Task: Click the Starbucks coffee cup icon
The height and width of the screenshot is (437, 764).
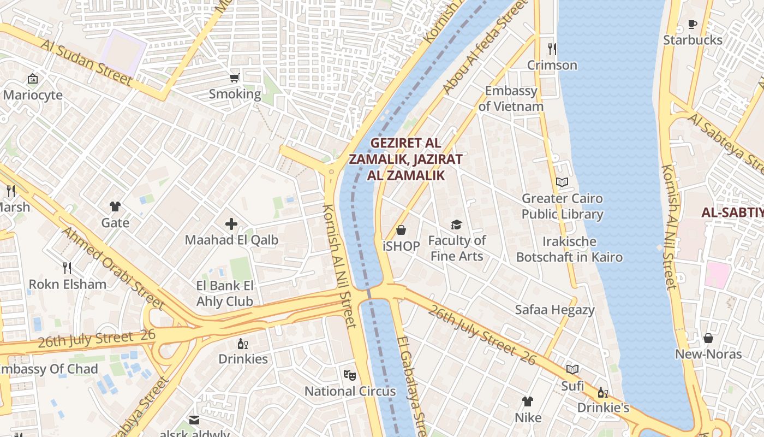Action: (692, 24)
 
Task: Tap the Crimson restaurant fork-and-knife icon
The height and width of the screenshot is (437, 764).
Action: (552, 49)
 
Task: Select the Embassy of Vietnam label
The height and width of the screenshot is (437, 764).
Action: (511, 98)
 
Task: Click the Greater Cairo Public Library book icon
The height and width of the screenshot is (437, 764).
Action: (562, 182)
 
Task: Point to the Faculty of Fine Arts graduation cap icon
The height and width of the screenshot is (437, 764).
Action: (456, 225)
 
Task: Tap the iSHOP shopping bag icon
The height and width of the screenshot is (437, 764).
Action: (401, 230)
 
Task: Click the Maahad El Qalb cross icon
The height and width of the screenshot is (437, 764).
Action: (231, 223)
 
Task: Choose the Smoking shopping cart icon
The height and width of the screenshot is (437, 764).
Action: (235, 78)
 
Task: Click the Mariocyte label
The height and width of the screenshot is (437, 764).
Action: (33, 95)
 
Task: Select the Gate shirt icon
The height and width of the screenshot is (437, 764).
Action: (115, 206)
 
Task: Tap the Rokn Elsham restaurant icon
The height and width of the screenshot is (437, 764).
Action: (67, 268)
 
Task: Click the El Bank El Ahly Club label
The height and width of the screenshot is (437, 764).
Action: (225, 293)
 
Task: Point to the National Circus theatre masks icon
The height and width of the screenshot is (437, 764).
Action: (350, 375)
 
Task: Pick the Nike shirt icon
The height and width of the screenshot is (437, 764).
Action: (528, 401)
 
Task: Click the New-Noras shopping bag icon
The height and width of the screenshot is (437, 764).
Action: (708, 338)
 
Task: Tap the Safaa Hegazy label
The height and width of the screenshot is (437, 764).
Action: (554, 310)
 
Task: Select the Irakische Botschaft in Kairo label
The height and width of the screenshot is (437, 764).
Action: (569, 249)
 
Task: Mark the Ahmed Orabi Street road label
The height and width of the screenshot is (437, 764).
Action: (112, 267)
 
